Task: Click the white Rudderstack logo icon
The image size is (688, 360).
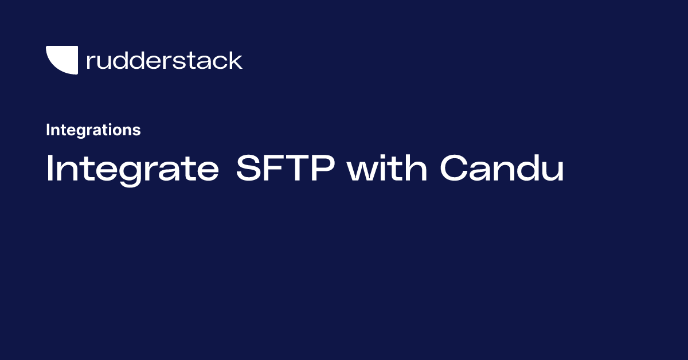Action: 61,60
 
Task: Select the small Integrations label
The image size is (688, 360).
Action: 93,130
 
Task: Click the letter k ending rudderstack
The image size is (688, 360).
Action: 236,60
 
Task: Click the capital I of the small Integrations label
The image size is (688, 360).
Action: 48,130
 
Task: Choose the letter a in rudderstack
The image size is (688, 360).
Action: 209,62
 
